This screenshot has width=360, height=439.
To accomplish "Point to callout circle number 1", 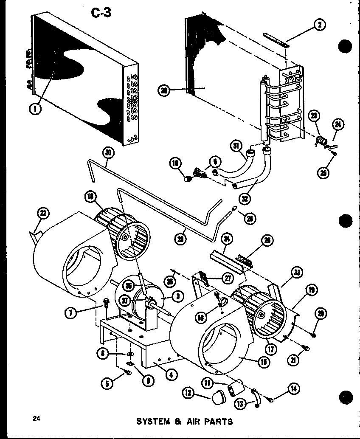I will coord(35,109).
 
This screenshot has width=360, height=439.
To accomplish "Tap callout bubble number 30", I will coord(108,152).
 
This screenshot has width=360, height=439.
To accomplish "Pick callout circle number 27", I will coord(229,278).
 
